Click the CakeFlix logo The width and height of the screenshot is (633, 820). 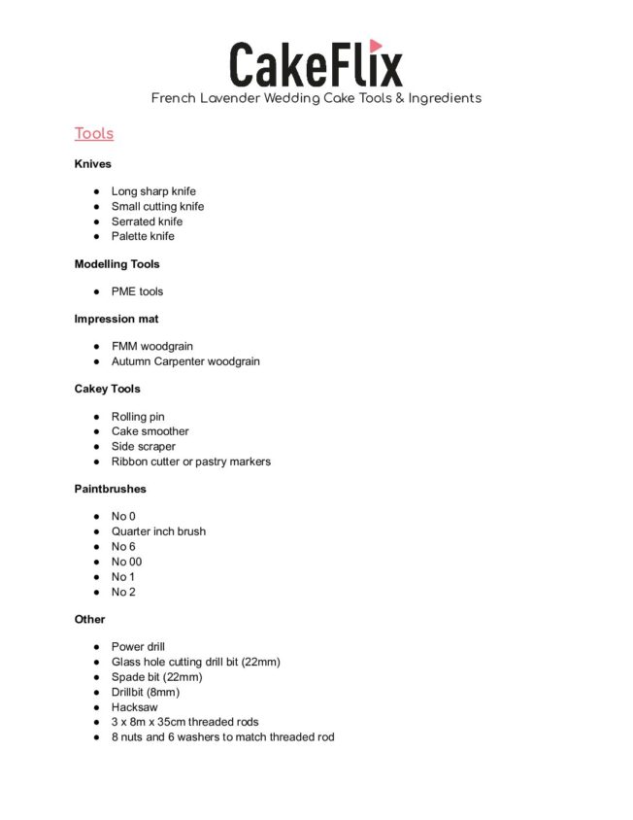pos(316,63)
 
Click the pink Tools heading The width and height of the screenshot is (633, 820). pos(94,134)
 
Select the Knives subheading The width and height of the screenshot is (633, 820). pos(92,164)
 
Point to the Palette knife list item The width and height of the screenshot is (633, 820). pos(143,236)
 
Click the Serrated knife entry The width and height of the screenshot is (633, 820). pos(147,222)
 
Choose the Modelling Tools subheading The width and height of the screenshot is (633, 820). pos(117,264)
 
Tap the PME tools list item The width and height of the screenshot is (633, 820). pos(137,291)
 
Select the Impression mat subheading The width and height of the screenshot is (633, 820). pos(117,319)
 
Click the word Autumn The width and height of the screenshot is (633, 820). pos(132,361)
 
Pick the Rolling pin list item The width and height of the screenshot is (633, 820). pos(138,417)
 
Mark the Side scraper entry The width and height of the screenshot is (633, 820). pos(143,447)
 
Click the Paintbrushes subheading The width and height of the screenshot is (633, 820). pos(110,489)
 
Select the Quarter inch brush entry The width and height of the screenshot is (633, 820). pos(158,531)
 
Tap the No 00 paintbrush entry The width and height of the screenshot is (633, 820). pos(126,562)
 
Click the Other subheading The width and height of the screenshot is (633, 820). pos(89,619)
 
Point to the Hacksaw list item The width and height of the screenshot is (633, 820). pos(134,707)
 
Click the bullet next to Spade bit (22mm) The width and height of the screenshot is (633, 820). pos(98,677)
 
